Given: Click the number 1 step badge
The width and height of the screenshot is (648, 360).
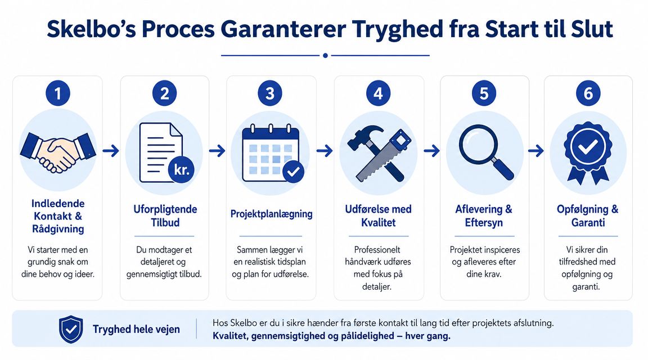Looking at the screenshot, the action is pos(58,93).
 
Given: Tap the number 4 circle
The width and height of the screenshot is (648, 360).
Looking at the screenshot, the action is pos(378,93).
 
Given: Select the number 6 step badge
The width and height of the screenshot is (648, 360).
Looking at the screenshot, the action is pos(588,93).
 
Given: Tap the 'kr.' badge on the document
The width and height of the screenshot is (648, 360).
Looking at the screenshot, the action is pos(182,169).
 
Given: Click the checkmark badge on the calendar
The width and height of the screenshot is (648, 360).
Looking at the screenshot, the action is pos(294,172).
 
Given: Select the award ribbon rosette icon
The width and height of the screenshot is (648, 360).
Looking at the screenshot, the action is pos(588,152).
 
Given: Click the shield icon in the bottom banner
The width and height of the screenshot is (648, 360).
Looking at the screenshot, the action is pos(71,329).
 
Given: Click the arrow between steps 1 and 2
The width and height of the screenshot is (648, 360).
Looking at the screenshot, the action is pos(111,151).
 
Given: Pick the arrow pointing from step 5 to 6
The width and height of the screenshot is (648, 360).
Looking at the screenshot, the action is pos(535,151).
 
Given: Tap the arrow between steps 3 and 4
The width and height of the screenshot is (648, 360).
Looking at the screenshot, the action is pos(325,151).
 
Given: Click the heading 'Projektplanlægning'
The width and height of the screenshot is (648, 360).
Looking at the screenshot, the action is pos(271,214).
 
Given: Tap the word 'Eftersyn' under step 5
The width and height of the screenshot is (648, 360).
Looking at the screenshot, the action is pos(484,223).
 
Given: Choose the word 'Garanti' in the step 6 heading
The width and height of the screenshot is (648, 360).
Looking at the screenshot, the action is pos(588,223).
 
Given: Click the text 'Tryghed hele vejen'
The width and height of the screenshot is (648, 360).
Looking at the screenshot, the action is pos(136,330).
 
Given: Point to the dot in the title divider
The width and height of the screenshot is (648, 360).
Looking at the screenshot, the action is pos(325,55).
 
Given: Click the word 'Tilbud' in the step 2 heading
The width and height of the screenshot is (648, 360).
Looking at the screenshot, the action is pos(165,223).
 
